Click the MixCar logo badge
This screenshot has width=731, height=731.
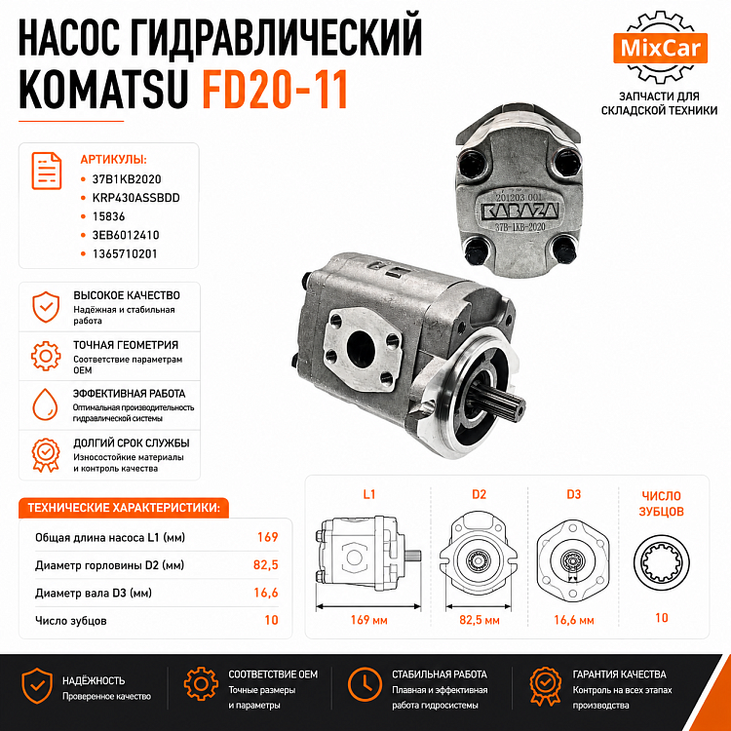pyautogui.click(x=660, y=48)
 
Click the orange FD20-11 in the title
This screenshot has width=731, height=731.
pyautogui.click(x=275, y=89)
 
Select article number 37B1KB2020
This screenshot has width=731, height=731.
pyautogui.click(x=127, y=179)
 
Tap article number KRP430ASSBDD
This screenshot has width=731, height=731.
pyautogui.click(x=136, y=198)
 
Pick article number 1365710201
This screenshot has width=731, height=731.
pyautogui.click(x=125, y=253)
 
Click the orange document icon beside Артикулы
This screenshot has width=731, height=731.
pyautogui.click(x=47, y=171)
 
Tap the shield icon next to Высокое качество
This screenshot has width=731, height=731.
pyautogui.click(x=46, y=307)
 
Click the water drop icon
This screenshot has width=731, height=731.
pyautogui.click(x=45, y=404)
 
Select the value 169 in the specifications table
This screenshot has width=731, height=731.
pyautogui.click(x=268, y=537)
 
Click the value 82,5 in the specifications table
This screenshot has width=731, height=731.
pyautogui.click(x=266, y=565)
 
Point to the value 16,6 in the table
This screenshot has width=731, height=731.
pyautogui.click(x=266, y=593)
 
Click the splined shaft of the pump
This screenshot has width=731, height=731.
pyautogui.click(x=499, y=402)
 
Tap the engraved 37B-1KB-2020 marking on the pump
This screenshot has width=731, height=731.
pyautogui.click(x=519, y=227)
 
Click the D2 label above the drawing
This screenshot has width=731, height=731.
pyautogui.click(x=479, y=494)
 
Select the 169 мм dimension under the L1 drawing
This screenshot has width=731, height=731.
pyautogui.click(x=368, y=620)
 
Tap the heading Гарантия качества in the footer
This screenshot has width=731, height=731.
pyautogui.click(x=619, y=674)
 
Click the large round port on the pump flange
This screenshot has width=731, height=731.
pyautogui.click(x=361, y=347)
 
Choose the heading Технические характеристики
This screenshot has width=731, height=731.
pyautogui.click(x=124, y=508)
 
